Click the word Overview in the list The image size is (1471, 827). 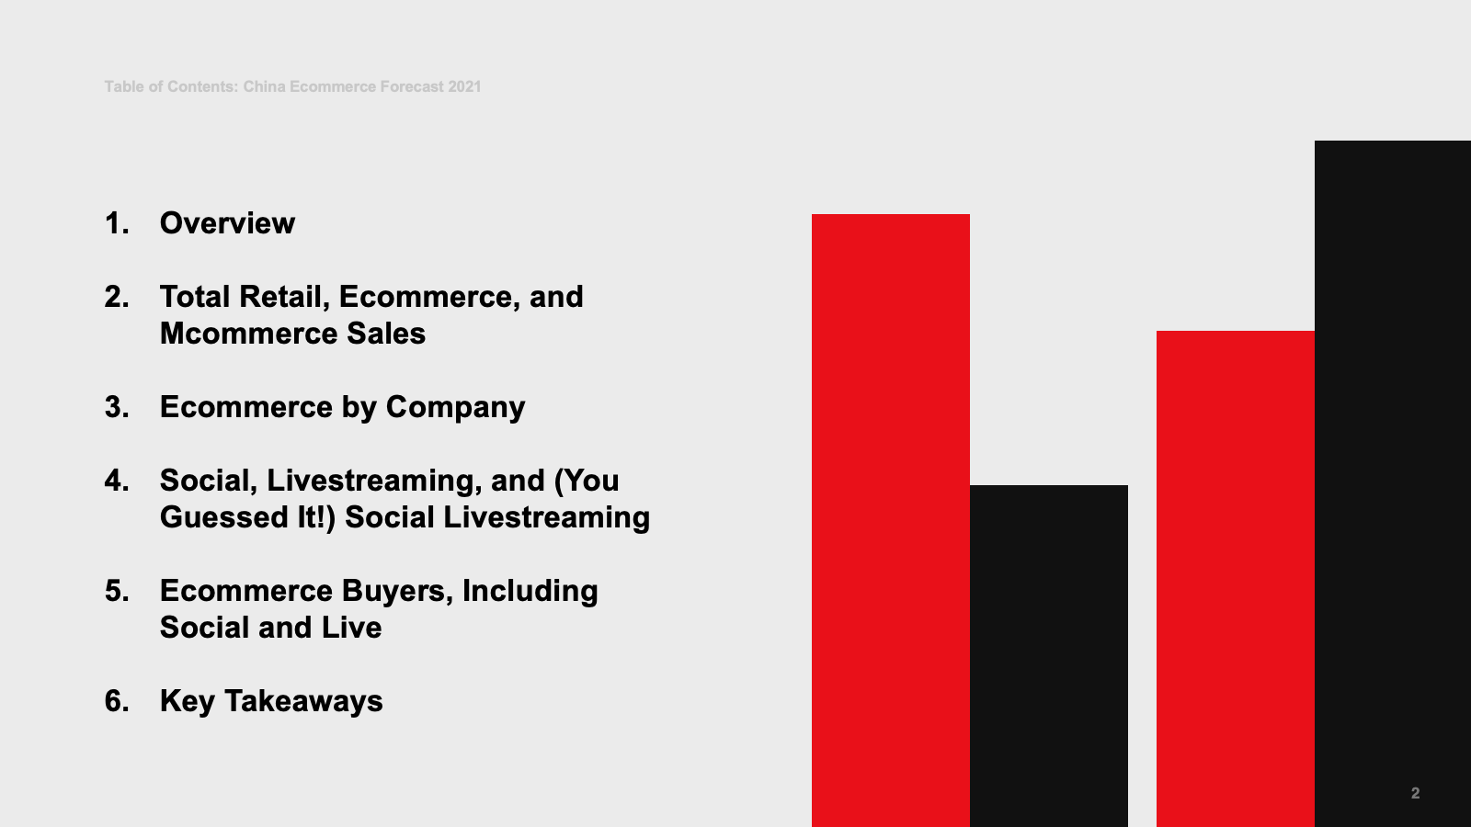227,223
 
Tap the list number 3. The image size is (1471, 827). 116,407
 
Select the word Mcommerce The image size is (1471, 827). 248,334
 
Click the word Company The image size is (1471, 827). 455,408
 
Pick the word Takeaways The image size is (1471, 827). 303,702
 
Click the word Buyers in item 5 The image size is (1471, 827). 397,592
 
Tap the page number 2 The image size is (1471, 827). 1415,793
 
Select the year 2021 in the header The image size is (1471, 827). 464,86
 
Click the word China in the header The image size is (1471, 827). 264,86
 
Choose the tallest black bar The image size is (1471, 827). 1393,483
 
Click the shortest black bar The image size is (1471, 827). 1049,656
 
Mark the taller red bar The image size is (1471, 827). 891,520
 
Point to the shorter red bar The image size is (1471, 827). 1236,579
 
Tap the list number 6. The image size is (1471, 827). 116,701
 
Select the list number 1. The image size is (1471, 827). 116,223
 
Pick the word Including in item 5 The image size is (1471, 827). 530,592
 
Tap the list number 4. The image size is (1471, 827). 116,481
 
